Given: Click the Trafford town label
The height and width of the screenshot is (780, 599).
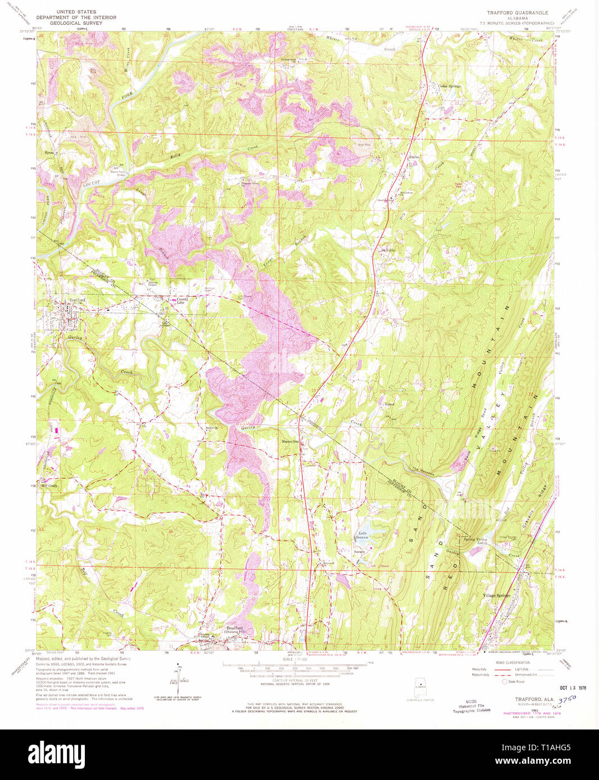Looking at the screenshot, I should (x=77, y=300).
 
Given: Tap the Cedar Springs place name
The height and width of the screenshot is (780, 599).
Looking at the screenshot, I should (x=450, y=86).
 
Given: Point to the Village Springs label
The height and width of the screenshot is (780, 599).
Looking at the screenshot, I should (x=497, y=595).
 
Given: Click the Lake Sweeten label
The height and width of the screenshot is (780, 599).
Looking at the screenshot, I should (x=362, y=535).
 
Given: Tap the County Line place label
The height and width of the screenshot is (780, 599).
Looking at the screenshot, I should (x=183, y=301).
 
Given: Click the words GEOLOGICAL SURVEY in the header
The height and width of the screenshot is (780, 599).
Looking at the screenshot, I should (x=76, y=24).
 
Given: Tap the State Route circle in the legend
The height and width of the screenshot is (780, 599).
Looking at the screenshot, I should (x=504, y=681).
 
